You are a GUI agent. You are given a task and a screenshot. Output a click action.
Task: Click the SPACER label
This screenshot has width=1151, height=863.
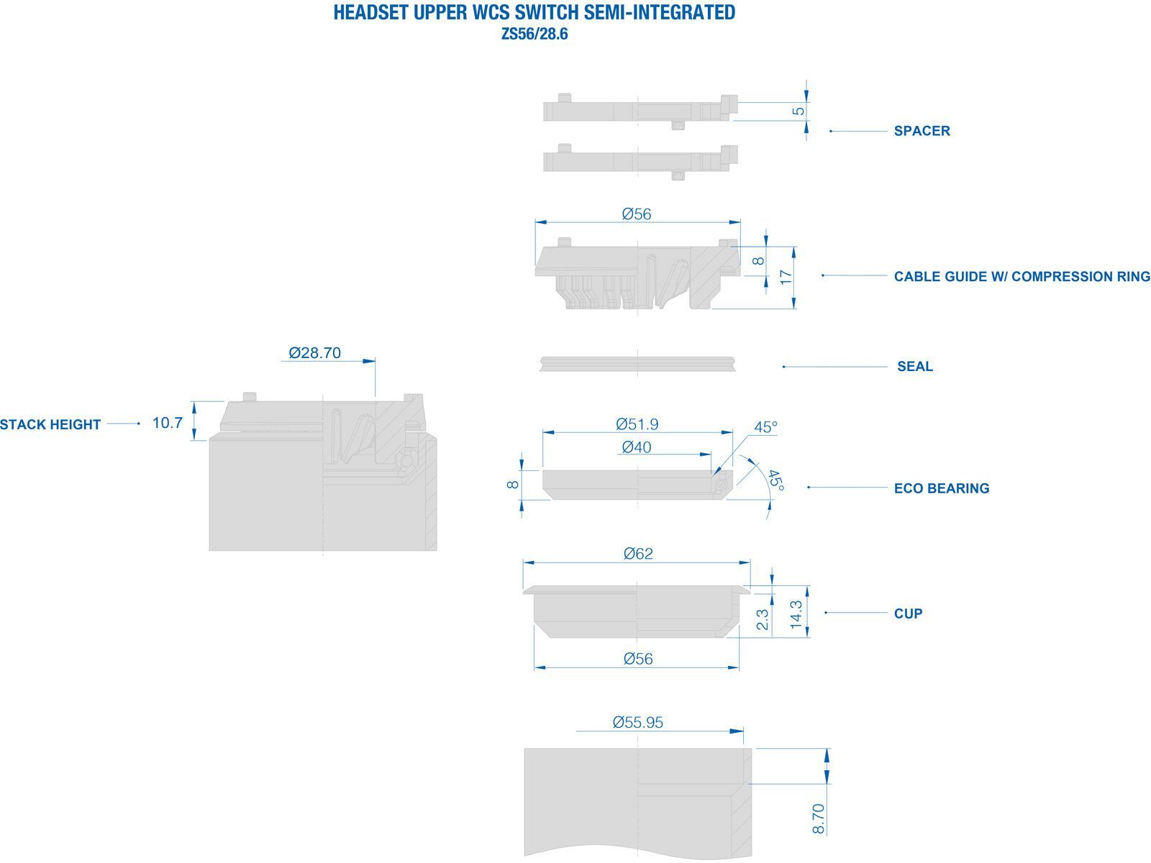[922, 131]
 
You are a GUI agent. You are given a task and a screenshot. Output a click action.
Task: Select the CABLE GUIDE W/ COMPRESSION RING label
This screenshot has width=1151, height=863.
[1022, 277]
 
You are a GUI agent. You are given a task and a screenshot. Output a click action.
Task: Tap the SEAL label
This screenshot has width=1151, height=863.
[915, 366]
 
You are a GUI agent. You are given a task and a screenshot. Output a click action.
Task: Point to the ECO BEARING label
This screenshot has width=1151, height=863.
[942, 488]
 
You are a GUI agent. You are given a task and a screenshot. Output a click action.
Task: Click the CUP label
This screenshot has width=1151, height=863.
[909, 613]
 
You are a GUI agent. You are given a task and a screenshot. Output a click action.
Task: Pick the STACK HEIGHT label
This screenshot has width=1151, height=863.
[50, 424]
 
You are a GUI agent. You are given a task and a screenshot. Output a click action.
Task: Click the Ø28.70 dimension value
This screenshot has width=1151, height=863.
[314, 352]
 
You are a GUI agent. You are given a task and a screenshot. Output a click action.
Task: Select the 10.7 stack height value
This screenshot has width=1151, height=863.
[168, 423]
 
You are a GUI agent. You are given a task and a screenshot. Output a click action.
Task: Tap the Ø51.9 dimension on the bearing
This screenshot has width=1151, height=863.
[637, 424]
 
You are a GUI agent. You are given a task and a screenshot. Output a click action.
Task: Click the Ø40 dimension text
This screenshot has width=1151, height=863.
[637, 447]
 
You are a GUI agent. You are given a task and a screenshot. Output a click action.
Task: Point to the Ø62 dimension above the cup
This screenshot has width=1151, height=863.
[638, 553]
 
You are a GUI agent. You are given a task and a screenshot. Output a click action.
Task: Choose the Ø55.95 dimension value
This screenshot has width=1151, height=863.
[637, 723]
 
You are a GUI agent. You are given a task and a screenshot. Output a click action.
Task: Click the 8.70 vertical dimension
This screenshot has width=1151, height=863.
[818, 818]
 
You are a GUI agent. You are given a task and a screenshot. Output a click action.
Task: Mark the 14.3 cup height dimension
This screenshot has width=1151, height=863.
[796, 615]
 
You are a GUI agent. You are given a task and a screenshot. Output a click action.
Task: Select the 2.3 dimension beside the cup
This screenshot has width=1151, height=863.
[763, 619]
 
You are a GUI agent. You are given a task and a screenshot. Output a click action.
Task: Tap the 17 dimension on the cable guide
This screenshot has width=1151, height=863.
[786, 277]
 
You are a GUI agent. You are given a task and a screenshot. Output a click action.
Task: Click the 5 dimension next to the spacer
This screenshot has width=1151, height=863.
[798, 111]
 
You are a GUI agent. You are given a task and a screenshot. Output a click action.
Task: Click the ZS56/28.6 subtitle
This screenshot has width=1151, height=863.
[534, 34]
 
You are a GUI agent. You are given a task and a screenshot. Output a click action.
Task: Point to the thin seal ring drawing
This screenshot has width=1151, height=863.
[637, 364]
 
